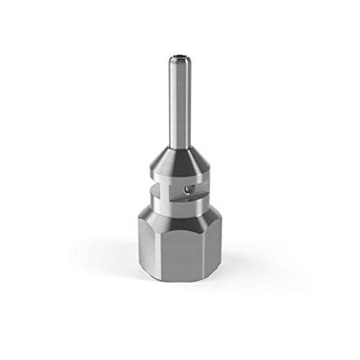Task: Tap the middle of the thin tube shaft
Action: click(180, 99)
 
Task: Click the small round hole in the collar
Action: click(187, 190)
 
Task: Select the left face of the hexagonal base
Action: click(148, 252)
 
